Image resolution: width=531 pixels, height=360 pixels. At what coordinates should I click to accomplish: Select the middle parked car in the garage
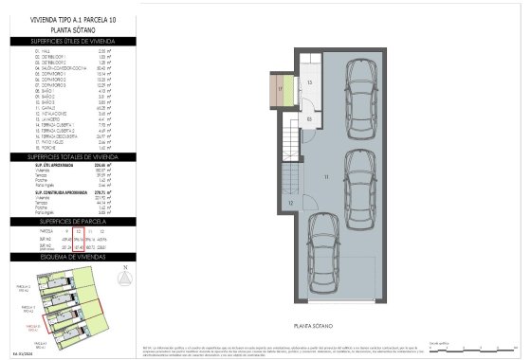point(361,186)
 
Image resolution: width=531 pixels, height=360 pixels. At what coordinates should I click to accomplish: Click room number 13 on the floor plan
point(309,83)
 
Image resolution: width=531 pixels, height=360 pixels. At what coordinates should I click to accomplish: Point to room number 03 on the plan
point(310,118)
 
